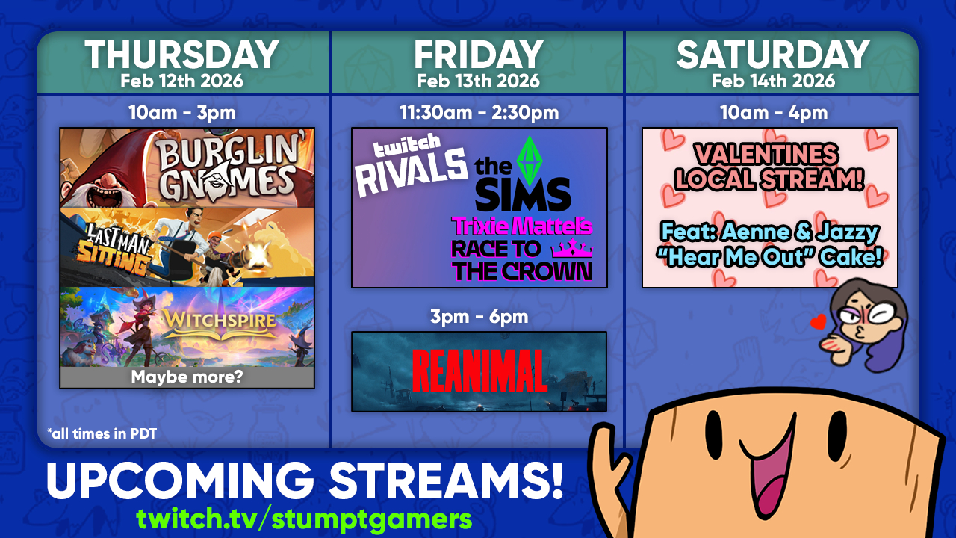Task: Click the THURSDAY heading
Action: (181, 55)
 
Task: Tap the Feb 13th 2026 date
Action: (478, 81)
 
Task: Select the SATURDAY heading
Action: (773, 55)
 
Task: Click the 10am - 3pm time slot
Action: (182, 113)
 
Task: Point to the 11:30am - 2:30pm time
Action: (479, 113)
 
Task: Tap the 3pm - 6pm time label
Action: (479, 317)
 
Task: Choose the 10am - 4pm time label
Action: (773, 113)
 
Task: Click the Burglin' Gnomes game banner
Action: (187, 168)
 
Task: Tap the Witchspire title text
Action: (220, 319)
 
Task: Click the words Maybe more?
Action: (187, 377)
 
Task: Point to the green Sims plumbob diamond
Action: (530, 161)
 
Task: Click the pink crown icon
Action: (572, 249)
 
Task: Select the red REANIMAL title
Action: (479, 371)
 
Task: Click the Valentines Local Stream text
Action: (769, 167)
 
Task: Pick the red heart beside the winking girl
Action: (819, 322)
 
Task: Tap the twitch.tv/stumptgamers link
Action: (304, 519)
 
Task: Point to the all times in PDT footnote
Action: (102, 434)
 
